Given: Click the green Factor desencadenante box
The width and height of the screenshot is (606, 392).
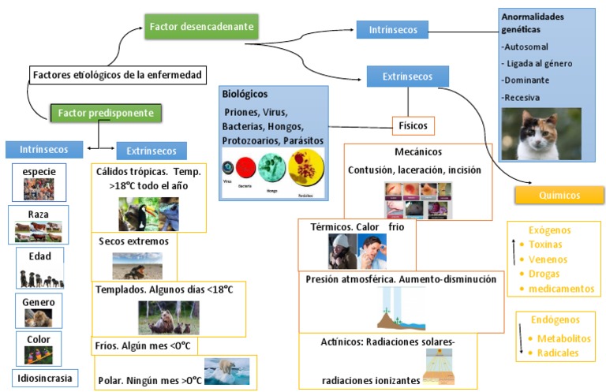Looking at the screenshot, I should [201, 27].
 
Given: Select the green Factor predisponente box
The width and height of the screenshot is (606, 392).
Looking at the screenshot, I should [106, 113].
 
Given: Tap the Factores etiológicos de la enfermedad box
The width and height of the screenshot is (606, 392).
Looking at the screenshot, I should [118, 75].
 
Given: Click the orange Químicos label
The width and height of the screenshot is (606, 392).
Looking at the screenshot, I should [559, 195].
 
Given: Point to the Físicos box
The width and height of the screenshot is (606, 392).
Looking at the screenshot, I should [413, 125].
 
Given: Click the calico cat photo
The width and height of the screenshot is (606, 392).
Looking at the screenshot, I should [541, 134].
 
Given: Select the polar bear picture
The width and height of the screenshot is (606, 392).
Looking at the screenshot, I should [226, 371].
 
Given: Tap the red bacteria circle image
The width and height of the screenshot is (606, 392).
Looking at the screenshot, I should [245, 168].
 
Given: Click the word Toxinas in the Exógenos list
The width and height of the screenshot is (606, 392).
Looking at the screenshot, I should [547, 245].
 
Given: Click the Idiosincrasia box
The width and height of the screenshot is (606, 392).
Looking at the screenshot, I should [45, 378].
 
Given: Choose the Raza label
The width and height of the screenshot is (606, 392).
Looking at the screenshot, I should [38, 214].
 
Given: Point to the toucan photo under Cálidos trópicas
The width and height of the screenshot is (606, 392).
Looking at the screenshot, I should [148, 214].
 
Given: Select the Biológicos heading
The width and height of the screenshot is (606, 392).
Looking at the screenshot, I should [245, 94].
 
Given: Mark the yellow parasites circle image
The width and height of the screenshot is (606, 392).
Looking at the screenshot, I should [306, 166].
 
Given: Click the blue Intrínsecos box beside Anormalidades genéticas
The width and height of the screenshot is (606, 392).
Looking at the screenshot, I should [391, 30].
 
